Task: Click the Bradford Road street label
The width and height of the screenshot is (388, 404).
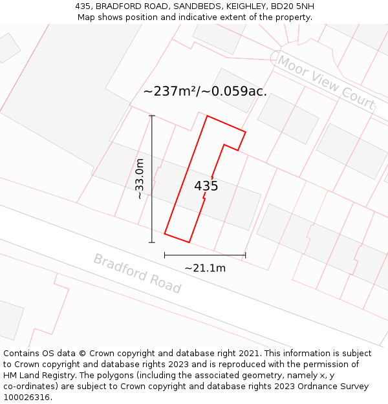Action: pyautogui.click(x=137, y=273)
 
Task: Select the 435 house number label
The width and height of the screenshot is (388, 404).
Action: pyautogui.click(x=206, y=186)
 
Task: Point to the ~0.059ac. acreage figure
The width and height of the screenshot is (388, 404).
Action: pyautogui.click(x=235, y=91)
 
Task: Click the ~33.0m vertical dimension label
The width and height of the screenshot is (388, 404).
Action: pyautogui.click(x=140, y=179)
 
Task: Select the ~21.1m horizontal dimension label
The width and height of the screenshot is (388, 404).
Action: pyautogui.click(x=205, y=268)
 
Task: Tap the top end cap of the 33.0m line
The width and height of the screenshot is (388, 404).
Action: pyautogui.click(x=152, y=116)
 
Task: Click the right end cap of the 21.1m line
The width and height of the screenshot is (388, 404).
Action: pyautogui.click(x=246, y=255)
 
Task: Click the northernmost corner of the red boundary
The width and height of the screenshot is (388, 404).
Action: pyautogui.click(x=207, y=116)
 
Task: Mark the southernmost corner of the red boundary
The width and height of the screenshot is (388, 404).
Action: pyautogui.click(x=189, y=242)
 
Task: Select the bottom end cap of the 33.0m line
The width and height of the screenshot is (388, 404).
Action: pyautogui.click(x=152, y=242)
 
